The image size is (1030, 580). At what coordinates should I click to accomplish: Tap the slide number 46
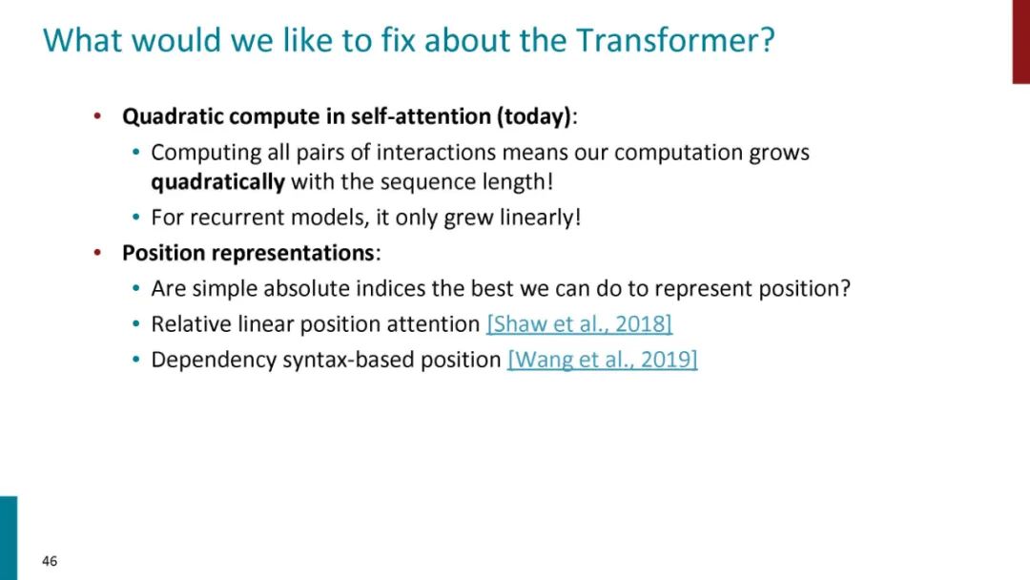click(50, 561)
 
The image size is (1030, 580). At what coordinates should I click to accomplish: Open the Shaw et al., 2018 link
click(580, 324)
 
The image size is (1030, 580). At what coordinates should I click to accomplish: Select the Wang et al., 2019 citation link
click(603, 360)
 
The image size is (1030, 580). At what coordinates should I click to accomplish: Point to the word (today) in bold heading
click(534, 116)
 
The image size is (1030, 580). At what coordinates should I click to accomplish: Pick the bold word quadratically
click(218, 182)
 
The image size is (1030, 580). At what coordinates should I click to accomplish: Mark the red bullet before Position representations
click(97, 253)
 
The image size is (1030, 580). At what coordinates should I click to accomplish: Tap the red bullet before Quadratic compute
click(97, 116)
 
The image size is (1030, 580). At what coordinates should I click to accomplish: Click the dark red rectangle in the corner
click(1020, 41)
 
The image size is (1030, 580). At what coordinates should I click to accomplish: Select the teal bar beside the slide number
click(9, 538)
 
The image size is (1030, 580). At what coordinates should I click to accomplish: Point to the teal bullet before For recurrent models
click(136, 217)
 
